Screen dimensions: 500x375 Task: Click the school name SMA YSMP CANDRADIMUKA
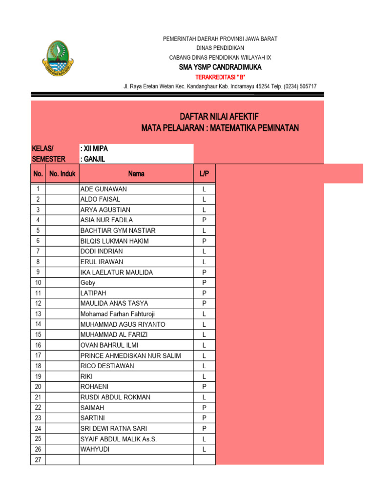click(x=220, y=67)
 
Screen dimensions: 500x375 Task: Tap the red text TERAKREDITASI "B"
click(x=220, y=77)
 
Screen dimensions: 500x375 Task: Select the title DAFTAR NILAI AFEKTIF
click(x=220, y=116)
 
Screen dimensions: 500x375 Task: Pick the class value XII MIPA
click(x=94, y=148)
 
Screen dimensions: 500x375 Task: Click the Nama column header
click(x=136, y=174)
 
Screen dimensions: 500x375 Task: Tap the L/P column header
click(x=204, y=174)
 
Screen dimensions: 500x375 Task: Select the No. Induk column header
click(x=62, y=174)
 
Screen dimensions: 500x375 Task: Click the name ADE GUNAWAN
click(x=104, y=189)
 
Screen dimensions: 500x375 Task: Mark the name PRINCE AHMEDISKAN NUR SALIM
click(x=130, y=355)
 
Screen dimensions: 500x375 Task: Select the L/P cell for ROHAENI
click(x=204, y=387)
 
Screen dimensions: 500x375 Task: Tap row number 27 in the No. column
click(x=38, y=460)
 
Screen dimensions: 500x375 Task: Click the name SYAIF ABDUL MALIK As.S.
click(x=119, y=439)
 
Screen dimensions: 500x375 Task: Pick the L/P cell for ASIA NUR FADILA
click(x=204, y=220)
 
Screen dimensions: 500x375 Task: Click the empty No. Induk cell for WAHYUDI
click(x=62, y=449)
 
